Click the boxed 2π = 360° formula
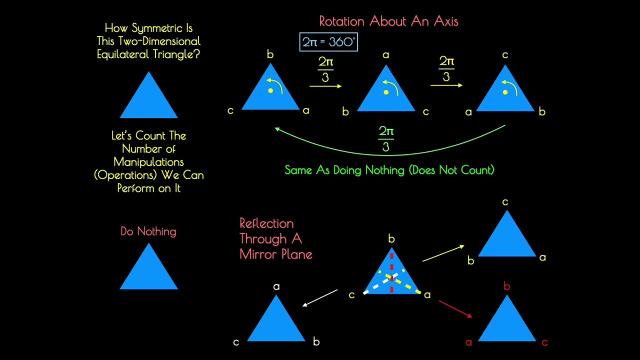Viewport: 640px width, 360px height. tap(328, 42)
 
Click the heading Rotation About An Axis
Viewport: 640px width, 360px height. tap(388, 21)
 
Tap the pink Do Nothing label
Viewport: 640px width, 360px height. tap(148, 231)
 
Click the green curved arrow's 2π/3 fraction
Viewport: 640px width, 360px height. tap(386, 139)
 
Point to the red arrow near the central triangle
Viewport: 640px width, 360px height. tap(455, 308)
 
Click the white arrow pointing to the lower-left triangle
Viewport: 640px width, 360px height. tap(320, 298)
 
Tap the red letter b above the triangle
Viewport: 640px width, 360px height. tap(506, 285)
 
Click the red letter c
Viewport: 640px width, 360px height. tap(544, 342)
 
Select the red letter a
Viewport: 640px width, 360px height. tap(468, 342)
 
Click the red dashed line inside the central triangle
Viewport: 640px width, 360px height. tap(391, 273)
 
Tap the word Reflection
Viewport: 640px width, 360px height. tap(266, 223)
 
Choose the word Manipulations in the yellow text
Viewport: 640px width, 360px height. tap(148, 162)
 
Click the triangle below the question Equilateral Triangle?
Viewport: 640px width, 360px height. tap(148, 94)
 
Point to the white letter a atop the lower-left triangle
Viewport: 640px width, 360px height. tap(276, 286)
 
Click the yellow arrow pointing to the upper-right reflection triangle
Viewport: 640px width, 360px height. tap(443, 253)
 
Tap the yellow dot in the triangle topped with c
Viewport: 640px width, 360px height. tap(505, 92)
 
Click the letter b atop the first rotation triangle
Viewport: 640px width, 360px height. tap(270, 54)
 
